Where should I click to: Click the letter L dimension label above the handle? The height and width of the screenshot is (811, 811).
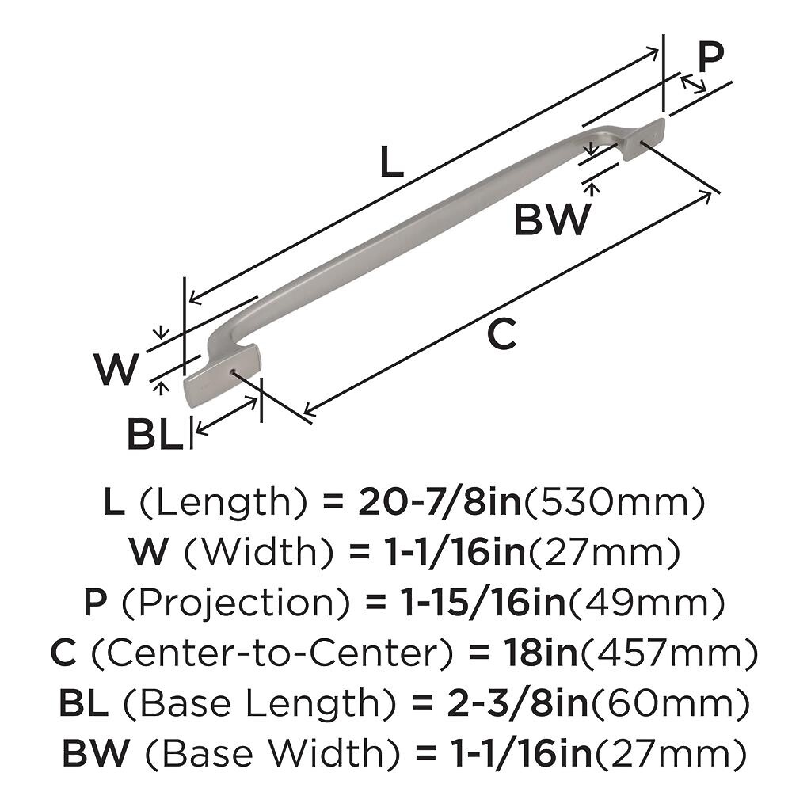[391, 162]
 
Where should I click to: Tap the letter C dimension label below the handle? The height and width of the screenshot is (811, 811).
[501, 334]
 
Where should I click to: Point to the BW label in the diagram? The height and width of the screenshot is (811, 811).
[552, 220]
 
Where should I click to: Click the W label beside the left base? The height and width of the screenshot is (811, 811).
[116, 369]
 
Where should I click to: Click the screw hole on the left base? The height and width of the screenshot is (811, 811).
[232, 371]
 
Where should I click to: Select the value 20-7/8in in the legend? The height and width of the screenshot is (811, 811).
[440, 502]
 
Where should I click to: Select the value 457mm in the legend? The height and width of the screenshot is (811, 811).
[670, 654]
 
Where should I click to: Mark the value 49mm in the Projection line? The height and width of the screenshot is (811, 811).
[646, 603]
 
